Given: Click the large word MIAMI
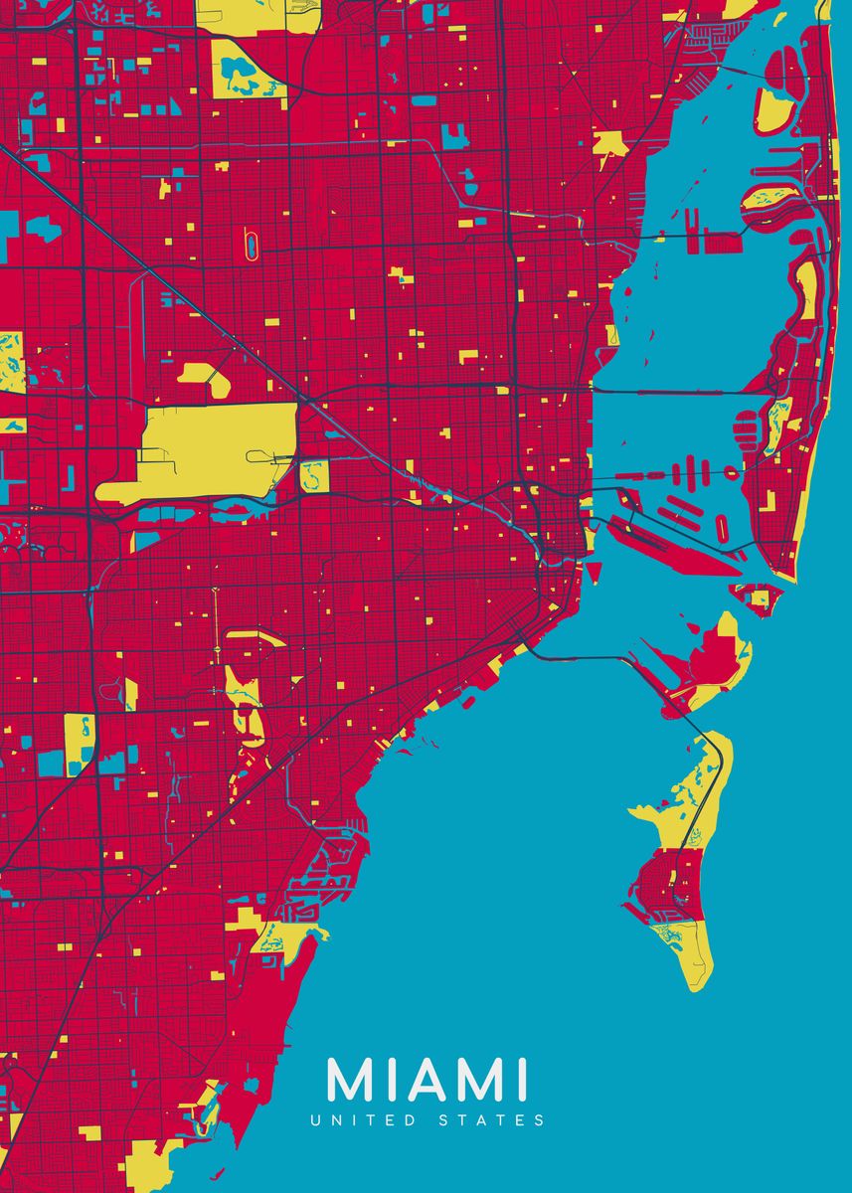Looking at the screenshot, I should coord(426,1080).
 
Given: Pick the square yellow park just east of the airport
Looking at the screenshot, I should coord(314,476).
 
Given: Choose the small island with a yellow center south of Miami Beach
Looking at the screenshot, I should coord(759,597).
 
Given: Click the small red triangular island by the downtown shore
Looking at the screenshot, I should coord(594,573).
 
